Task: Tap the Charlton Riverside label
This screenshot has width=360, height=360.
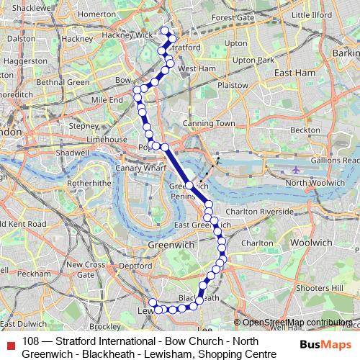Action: pyautogui.click(x=259, y=212)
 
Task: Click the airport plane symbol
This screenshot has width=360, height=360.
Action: pyautogui.click(x=297, y=171)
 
